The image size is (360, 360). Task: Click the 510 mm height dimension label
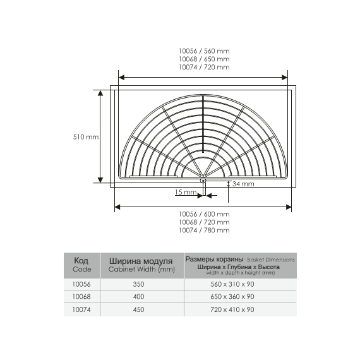[x=86, y=137]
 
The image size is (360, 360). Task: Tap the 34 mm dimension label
[x=243, y=184]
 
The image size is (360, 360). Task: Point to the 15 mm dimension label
[x=186, y=192]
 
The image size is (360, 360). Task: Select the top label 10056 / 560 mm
[x=204, y=51]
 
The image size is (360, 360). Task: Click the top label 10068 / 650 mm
[x=204, y=59]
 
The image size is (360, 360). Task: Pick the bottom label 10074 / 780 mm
[x=204, y=231]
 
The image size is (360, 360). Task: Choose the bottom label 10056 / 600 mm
[x=204, y=214]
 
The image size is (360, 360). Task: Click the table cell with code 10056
[x=81, y=284]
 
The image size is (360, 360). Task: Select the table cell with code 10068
[x=81, y=297]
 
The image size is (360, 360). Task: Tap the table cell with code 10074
[x=81, y=309]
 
